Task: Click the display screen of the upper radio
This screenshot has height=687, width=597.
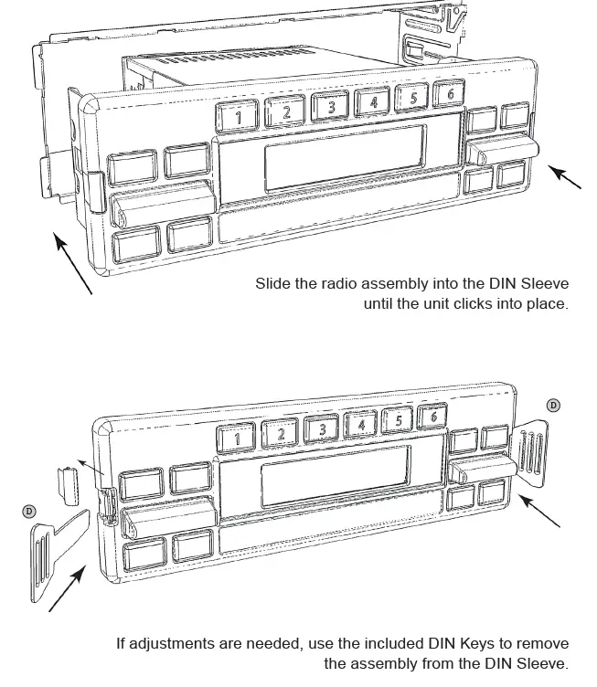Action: coord(345,157)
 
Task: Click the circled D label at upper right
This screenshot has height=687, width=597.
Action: coord(552,404)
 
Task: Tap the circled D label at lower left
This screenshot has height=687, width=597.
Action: coord(30,512)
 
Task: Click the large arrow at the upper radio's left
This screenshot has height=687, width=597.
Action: coord(72,264)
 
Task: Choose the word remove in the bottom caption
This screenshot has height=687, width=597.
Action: coord(543,643)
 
